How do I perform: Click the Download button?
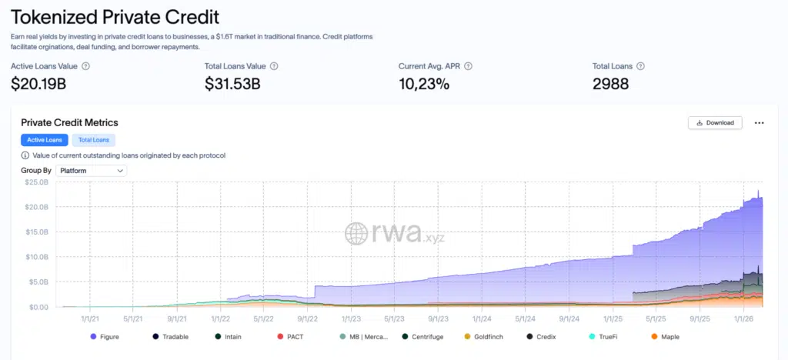[x=714, y=122]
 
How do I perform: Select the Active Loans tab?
[x=45, y=140]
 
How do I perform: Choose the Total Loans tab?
[x=93, y=140]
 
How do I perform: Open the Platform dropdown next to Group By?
[x=91, y=170]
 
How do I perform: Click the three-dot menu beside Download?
[x=759, y=122]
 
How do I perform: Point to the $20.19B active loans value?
[x=38, y=84]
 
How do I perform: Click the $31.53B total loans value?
[x=232, y=84]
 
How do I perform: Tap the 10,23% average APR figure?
[x=424, y=84]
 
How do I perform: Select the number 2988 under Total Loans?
[x=610, y=84]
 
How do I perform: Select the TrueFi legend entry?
[x=606, y=336]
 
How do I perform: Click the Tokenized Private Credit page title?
[x=115, y=16]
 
